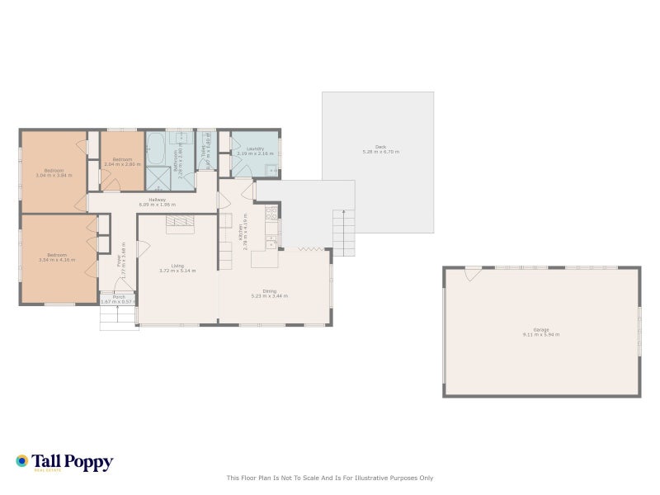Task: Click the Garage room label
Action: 540,332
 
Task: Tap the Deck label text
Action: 380,149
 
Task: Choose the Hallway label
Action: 157,201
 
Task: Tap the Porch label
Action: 119,299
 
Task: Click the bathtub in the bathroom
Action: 155,149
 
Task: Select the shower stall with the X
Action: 158,178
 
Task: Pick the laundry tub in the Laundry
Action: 271,170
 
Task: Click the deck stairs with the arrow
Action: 343,232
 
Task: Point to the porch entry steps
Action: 118,318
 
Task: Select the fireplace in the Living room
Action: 179,224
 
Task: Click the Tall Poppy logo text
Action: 72,462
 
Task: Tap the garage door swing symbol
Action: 473,273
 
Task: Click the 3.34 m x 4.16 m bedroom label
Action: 56,257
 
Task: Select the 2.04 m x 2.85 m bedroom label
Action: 122,161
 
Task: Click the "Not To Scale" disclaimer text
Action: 330,478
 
